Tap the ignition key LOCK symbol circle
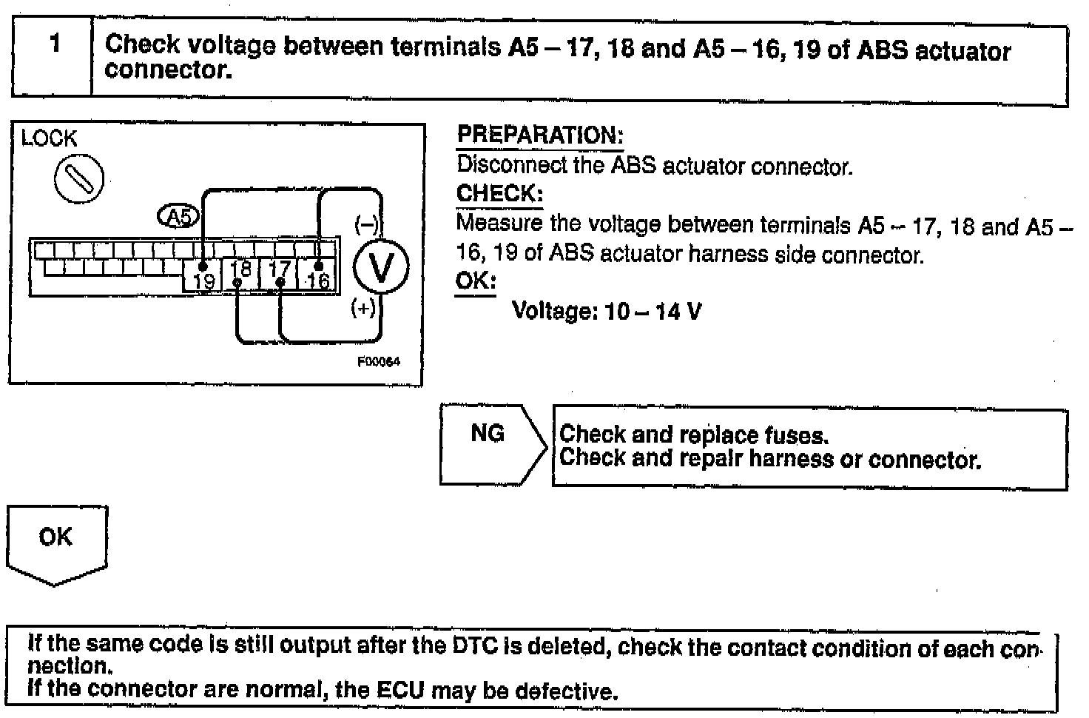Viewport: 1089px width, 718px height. [78, 179]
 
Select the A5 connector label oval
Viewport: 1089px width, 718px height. [178, 216]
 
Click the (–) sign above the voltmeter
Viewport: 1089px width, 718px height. [366, 225]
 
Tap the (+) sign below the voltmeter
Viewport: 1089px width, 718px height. [363, 308]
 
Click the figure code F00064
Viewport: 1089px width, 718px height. [379, 362]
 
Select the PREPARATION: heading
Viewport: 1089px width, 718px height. [540, 135]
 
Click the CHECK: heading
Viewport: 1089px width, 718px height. [499, 194]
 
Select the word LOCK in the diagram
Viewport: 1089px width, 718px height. [49, 138]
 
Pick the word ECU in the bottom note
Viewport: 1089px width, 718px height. [400, 691]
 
